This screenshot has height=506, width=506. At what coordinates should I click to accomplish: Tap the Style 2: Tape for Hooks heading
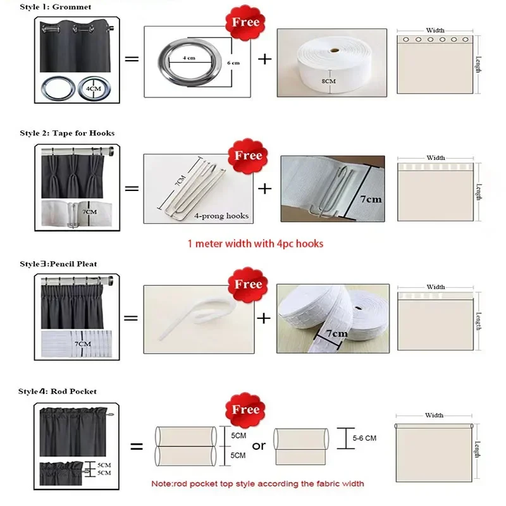tap(67, 133)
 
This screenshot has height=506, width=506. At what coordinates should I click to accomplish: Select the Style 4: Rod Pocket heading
tap(58, 392)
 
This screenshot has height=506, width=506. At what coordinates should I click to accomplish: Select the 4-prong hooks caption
tap(221, 216)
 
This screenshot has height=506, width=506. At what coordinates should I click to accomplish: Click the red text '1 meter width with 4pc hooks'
tap(256, 243)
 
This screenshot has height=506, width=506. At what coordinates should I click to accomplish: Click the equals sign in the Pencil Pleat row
tap(131, 317)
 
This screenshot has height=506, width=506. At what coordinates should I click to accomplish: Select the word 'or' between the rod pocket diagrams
tap(259, 446)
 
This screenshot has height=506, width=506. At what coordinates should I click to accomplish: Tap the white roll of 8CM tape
tap(331, 61)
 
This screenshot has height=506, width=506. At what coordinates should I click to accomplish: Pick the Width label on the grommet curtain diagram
tap(435, 30)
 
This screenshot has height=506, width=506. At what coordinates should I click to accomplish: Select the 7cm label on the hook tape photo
tap(370, 199)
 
